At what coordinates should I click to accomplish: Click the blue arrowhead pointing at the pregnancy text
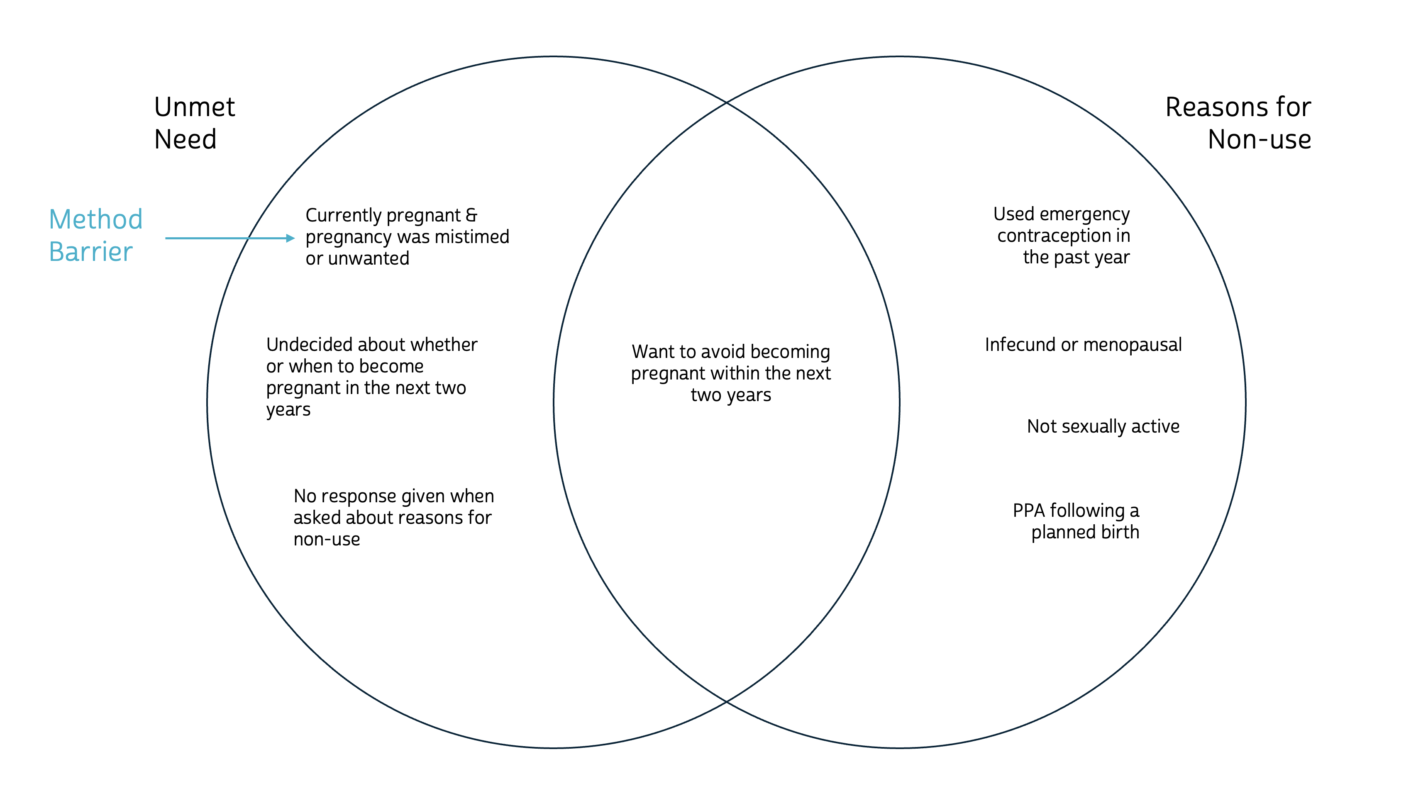(x=290, y=238)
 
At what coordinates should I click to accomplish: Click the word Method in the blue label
(x=95, y=219)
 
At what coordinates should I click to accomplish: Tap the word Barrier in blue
(x=90, y=252)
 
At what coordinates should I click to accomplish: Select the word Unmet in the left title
(x=195, y=107)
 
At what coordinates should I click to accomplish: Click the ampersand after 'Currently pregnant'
(x=471, y=215)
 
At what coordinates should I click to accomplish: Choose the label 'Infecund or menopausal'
(x=1083, y=345)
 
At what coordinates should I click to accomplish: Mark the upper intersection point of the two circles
(x=727, y=102)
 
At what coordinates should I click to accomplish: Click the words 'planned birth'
(x=1085, y=532)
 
